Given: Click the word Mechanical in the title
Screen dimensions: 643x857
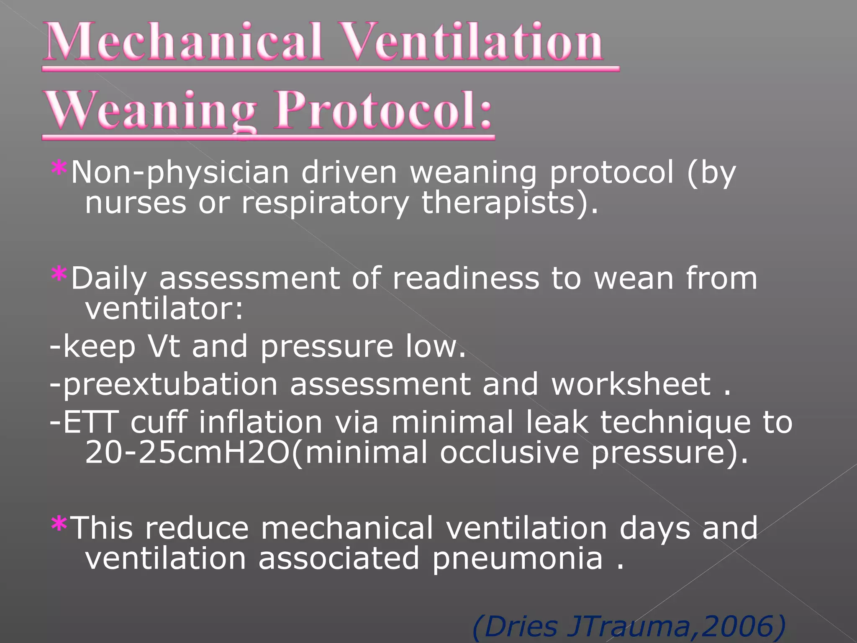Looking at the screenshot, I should point(184,42).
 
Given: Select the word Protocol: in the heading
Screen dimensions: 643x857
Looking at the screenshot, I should point(383,111).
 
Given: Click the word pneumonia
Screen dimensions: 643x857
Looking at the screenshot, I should point(517,559).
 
